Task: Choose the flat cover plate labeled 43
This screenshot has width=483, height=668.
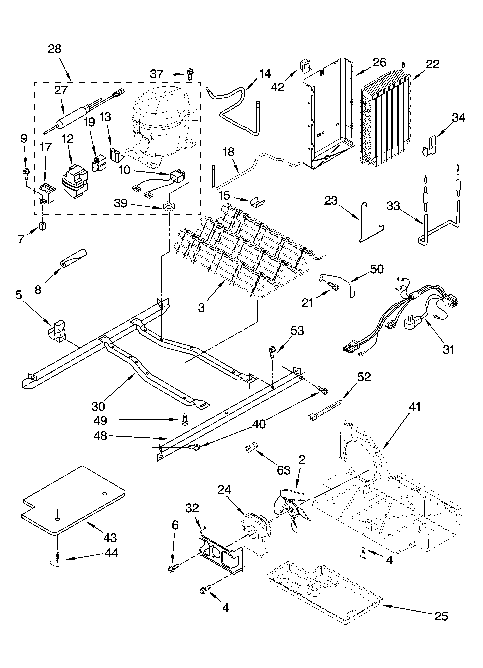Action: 74,501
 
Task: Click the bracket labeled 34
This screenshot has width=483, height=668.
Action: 430,147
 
